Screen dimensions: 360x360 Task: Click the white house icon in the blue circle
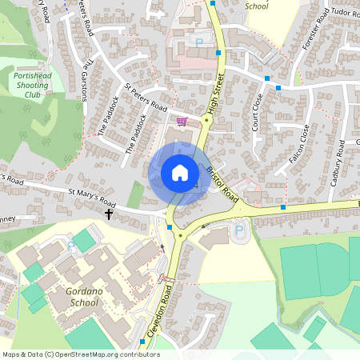[x=180, y=172]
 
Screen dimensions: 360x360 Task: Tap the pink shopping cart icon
[x=182, y=122]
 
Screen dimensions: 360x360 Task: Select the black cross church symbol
[x=109, y=214]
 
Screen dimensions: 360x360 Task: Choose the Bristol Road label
[x=222, y=183]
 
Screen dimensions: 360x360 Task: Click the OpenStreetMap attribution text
[x=80, y=354]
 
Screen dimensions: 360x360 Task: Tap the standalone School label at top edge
[x=257, y=6]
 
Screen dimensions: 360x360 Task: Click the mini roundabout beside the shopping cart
[x=206, y=121]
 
